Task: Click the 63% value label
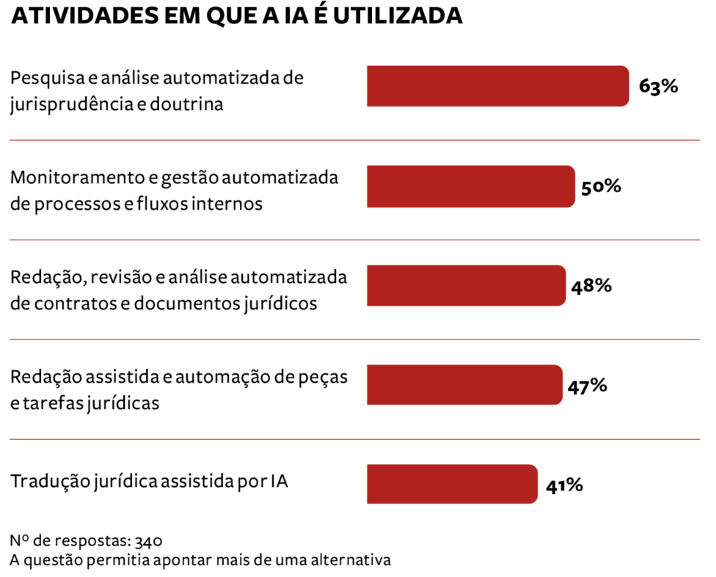point(658,87)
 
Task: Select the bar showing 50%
point(470,186)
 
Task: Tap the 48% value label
point(591,286)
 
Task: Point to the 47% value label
point(586,386)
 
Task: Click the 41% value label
point(563,485)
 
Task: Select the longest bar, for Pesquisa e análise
point(497,87)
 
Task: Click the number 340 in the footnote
point(148,542)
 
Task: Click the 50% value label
point(601,187)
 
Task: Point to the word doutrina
point(186,104)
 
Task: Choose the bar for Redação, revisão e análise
point(467,286)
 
